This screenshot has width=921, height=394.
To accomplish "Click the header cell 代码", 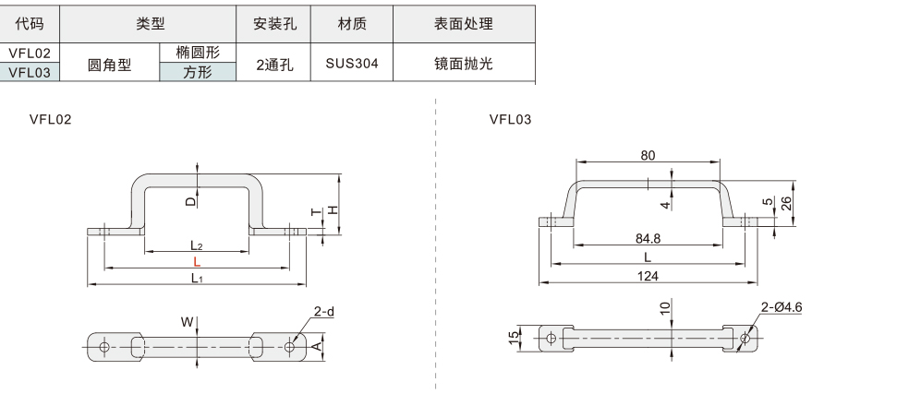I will [x=30, y=23].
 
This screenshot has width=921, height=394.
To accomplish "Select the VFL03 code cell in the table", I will [x=30, y=74].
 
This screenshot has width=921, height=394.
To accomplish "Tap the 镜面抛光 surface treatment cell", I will [x=464, y=64].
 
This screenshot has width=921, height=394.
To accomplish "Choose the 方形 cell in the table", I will [x=197, y=74].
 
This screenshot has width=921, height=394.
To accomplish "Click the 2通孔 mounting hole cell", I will [x=273, y=64].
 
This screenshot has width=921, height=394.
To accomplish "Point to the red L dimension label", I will [x=197, y=261].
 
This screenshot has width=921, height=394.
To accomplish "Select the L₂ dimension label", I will [x=197, y=245].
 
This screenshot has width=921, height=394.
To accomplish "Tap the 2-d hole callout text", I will [x=322, y=313].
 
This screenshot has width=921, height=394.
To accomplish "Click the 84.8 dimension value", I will [x=648, y=238].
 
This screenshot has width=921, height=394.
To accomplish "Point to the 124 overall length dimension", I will [x=648, y=275].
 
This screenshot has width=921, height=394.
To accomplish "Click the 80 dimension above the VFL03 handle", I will [x=648, y=156].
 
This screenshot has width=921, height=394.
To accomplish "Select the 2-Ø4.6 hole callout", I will [x=781, y=306].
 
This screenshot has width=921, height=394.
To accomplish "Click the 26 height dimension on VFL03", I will [x=786, y=203].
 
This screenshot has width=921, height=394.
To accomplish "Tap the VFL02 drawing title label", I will [x=50, y=119].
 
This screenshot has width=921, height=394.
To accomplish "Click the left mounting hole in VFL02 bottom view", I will [x=104, y=347].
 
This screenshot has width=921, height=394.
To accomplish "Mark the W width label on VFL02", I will [x=186, y=322].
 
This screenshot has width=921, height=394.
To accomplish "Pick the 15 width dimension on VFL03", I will [x=514, y=339].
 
